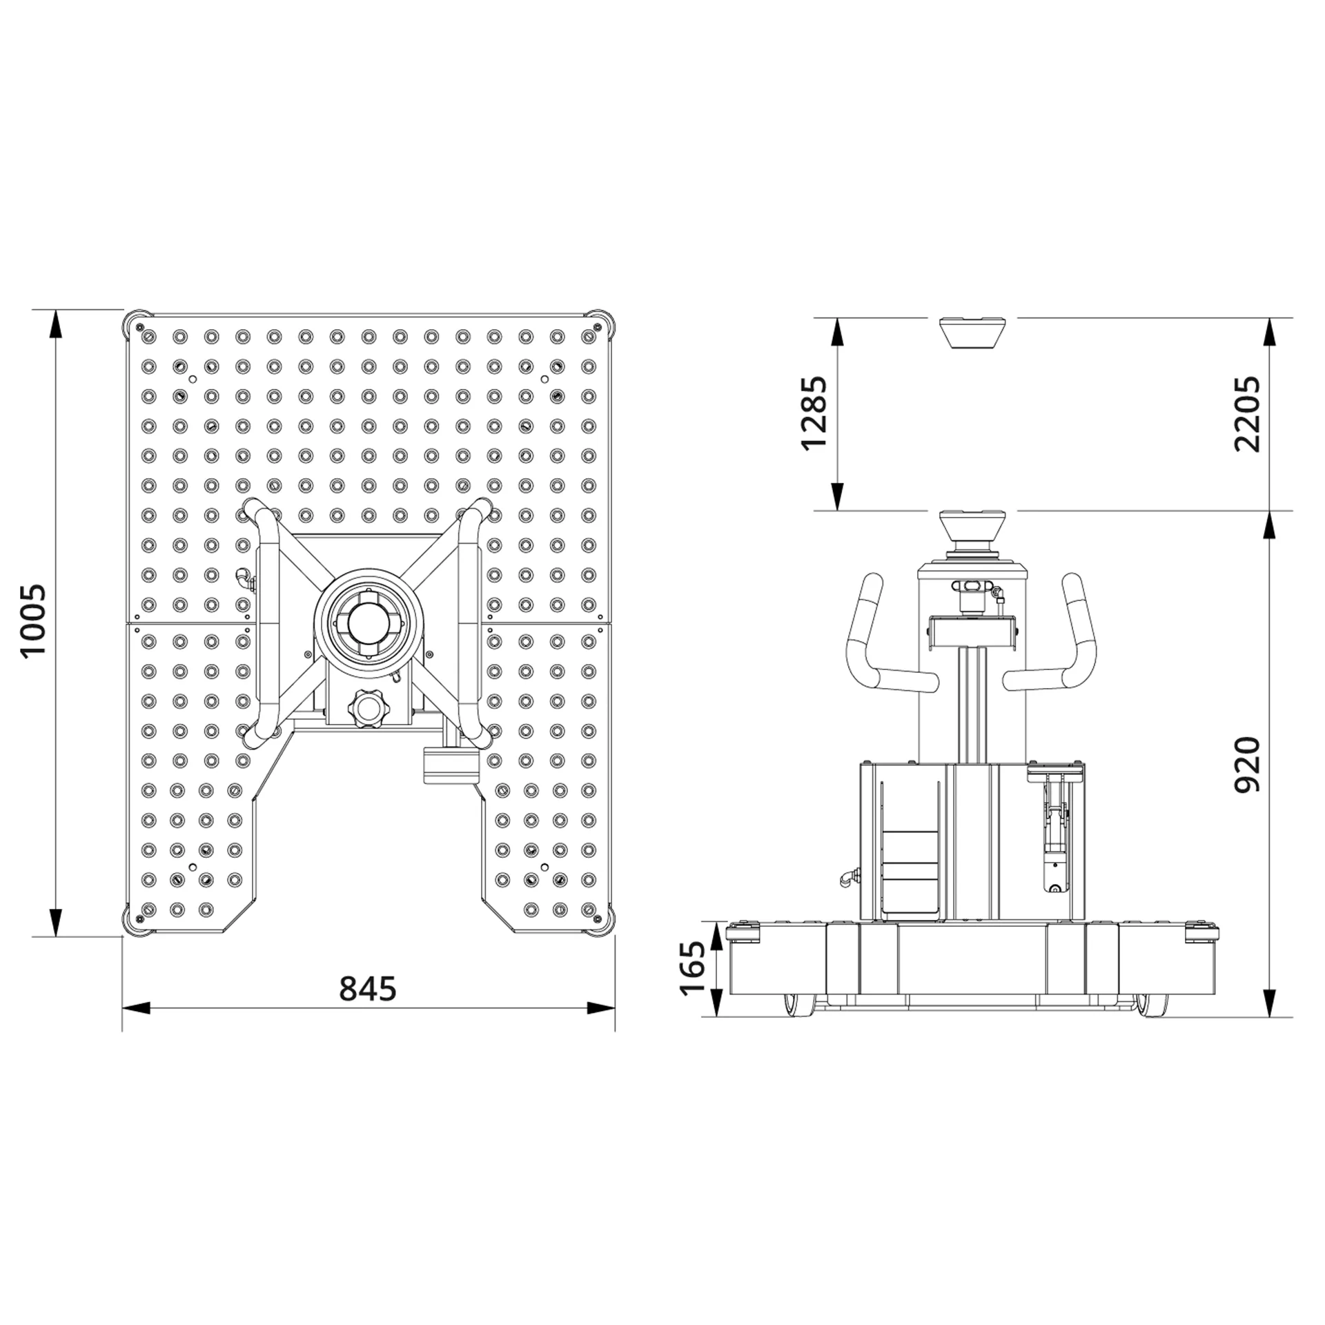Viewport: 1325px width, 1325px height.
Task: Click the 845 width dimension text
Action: click(x=368, y=989)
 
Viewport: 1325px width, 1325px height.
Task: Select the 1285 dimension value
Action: click(x=813, y=412)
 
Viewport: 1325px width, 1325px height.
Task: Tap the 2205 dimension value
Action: click(x=1247, y=413)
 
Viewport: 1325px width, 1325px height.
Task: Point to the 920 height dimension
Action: click(x=1247, y=765)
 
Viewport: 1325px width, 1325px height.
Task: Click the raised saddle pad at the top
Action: click(x=972, y=333)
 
